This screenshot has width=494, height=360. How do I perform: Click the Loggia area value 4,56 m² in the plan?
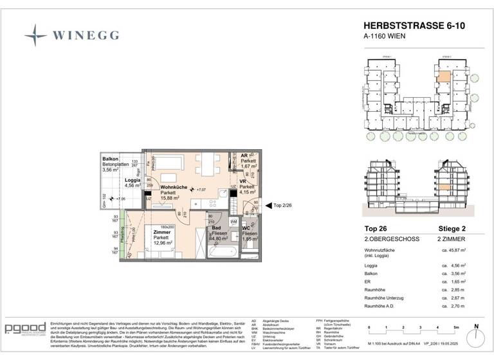tap(132, 186)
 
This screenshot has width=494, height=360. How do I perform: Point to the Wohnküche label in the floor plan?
tap(174, 187)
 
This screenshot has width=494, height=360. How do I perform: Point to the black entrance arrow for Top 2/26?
tap(268, 204)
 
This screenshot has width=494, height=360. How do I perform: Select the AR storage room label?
tap(245, 156)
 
